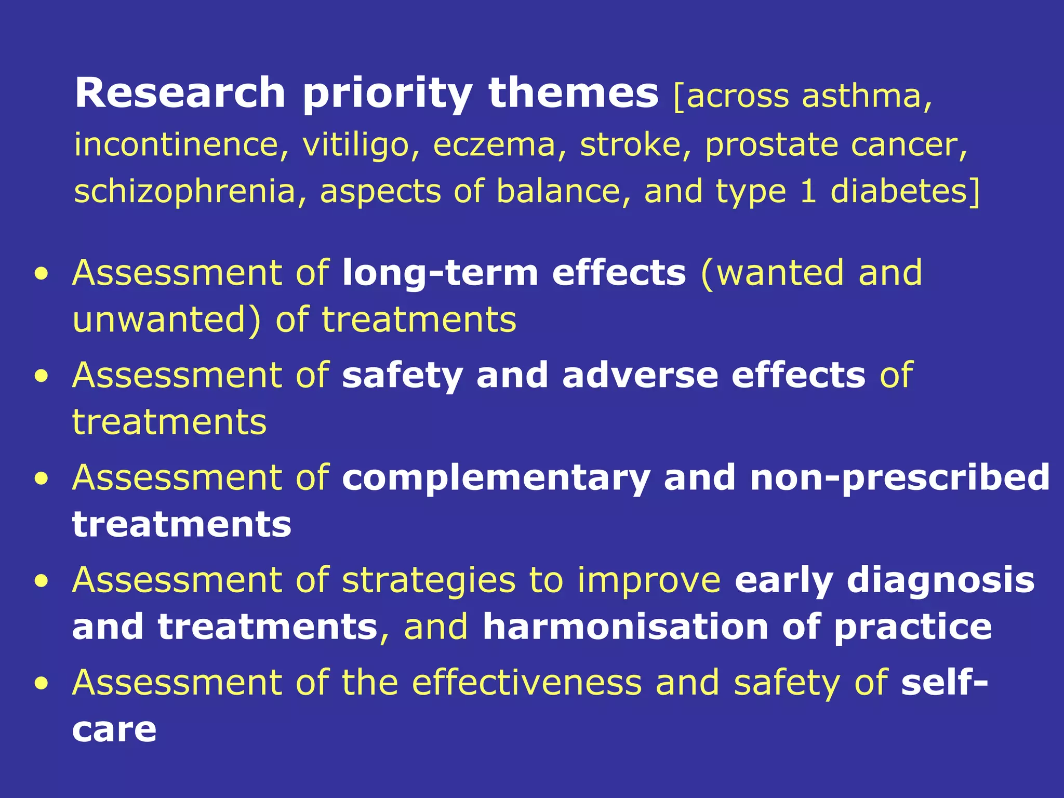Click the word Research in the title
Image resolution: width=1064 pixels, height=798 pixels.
(180, 94)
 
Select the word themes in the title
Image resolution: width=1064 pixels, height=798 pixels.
(573, 94)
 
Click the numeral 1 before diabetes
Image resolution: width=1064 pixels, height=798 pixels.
(808, 191)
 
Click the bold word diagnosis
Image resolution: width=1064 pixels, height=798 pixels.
(940, 581)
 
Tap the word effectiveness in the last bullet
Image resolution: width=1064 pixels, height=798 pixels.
(527, 682)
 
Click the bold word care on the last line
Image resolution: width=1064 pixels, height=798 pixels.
(114, 730)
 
